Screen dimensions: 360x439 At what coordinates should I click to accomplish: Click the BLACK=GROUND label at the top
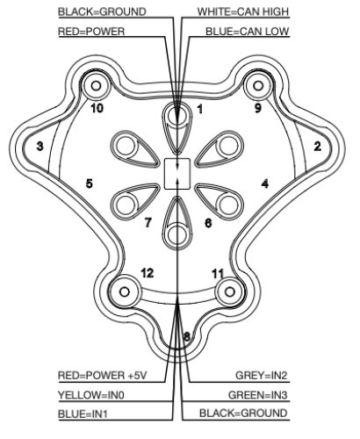pos(102,11)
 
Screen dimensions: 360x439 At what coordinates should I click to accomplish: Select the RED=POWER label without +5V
pos(91,32)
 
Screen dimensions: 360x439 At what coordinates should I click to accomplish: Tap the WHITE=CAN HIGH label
pos(243,11)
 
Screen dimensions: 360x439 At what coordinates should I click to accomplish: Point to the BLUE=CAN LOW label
pos(248,32)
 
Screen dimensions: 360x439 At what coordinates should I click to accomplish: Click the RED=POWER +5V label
pos(102,375)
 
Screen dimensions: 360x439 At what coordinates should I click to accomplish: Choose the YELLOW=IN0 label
pos(91,395)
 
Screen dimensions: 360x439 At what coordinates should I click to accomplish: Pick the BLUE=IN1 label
pos(83,414)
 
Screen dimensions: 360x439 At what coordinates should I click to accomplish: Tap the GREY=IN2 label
pos(262,375)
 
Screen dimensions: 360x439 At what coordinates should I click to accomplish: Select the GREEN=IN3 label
pos(258,395)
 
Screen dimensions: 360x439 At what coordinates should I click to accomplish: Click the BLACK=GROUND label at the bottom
pos(243,414)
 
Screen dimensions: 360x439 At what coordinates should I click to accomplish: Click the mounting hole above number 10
pos(97,86)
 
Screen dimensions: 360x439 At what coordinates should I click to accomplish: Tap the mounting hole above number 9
pos(258,86)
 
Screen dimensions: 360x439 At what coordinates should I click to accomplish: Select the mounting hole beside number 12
pos(125,291)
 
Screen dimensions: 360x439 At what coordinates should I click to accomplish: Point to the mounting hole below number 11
pos(230,291)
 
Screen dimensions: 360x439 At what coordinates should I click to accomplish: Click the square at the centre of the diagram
pos(177,174)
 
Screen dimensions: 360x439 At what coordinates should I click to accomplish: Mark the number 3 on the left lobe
pos(40,146)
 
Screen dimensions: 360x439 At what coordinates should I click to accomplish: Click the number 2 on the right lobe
pos(317,146)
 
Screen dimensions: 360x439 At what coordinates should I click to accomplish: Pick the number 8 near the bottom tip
pos(187,336)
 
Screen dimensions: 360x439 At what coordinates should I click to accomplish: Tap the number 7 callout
pos(148,223)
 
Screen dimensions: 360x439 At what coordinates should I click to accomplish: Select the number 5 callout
pos(90,184)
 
